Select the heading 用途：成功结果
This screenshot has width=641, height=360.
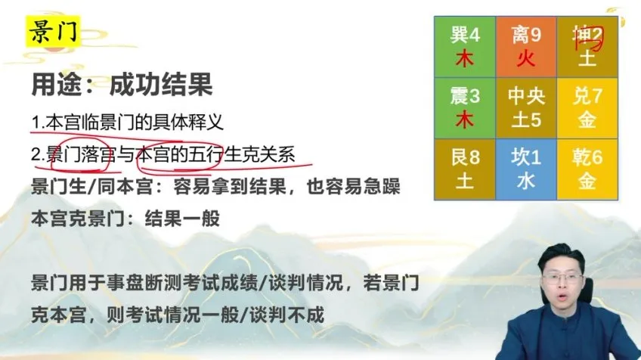pyautogui.click(x=121, y=85)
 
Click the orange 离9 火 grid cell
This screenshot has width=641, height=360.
pyautogui.click(x=526, y=46)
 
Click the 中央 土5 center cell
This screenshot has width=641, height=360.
pyautogui.click(x=526, y=107)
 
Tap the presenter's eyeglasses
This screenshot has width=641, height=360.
pyautogui.click(x=560, y=278)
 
